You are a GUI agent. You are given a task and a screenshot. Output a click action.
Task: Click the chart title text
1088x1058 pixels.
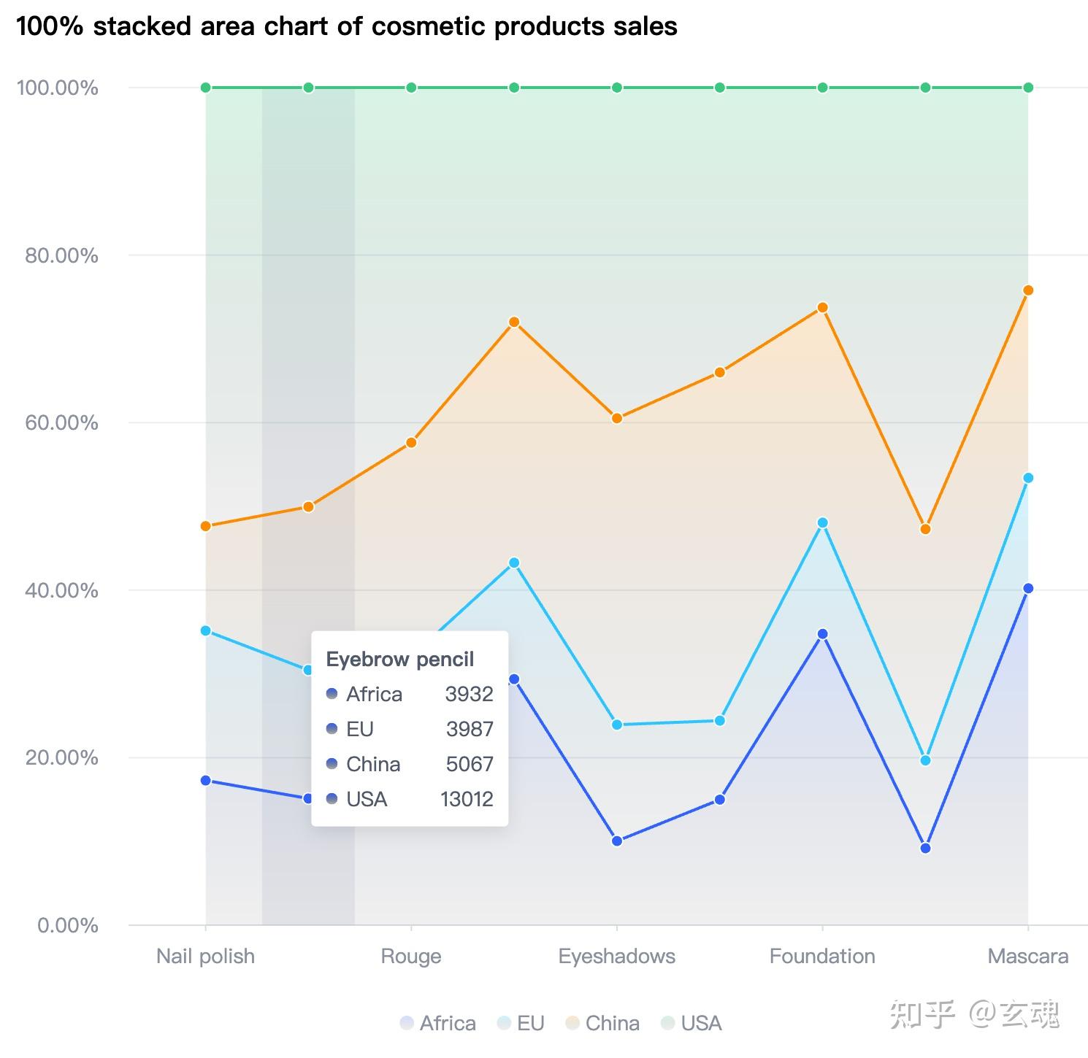347,26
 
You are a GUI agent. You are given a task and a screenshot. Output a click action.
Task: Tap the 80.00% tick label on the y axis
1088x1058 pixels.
61,255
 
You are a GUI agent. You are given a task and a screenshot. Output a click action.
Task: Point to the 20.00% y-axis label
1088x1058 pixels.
61,757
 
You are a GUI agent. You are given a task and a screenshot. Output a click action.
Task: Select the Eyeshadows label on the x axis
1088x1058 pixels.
616,956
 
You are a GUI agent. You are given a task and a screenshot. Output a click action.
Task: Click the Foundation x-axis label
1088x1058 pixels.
822,956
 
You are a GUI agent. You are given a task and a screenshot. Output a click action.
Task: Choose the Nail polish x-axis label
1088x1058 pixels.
206,956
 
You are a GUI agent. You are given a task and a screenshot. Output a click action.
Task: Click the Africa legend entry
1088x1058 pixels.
438,1023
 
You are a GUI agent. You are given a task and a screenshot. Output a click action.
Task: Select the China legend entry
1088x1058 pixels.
603,1023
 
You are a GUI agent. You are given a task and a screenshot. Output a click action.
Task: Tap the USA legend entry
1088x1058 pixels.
692,1023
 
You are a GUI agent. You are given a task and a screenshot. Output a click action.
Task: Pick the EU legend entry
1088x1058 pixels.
521,1023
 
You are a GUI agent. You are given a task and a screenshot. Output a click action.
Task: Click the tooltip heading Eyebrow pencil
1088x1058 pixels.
400,660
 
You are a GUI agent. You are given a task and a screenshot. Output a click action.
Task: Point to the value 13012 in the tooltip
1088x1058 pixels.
467,799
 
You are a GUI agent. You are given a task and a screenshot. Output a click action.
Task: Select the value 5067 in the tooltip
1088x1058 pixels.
470,764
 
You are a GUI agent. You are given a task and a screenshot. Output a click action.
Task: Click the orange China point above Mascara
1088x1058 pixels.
1028,290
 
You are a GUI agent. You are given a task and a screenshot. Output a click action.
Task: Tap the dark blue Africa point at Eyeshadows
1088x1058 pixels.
617,841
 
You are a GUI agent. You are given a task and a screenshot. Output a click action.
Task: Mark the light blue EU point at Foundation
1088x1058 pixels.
823,522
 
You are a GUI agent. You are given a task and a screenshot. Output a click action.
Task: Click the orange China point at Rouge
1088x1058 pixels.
411,442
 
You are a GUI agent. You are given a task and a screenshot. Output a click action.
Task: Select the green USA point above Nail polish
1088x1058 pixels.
206,88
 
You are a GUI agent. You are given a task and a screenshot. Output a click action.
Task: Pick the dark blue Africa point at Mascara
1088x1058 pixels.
1028,588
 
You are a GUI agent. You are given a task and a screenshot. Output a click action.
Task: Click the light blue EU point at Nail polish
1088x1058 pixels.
206,630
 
